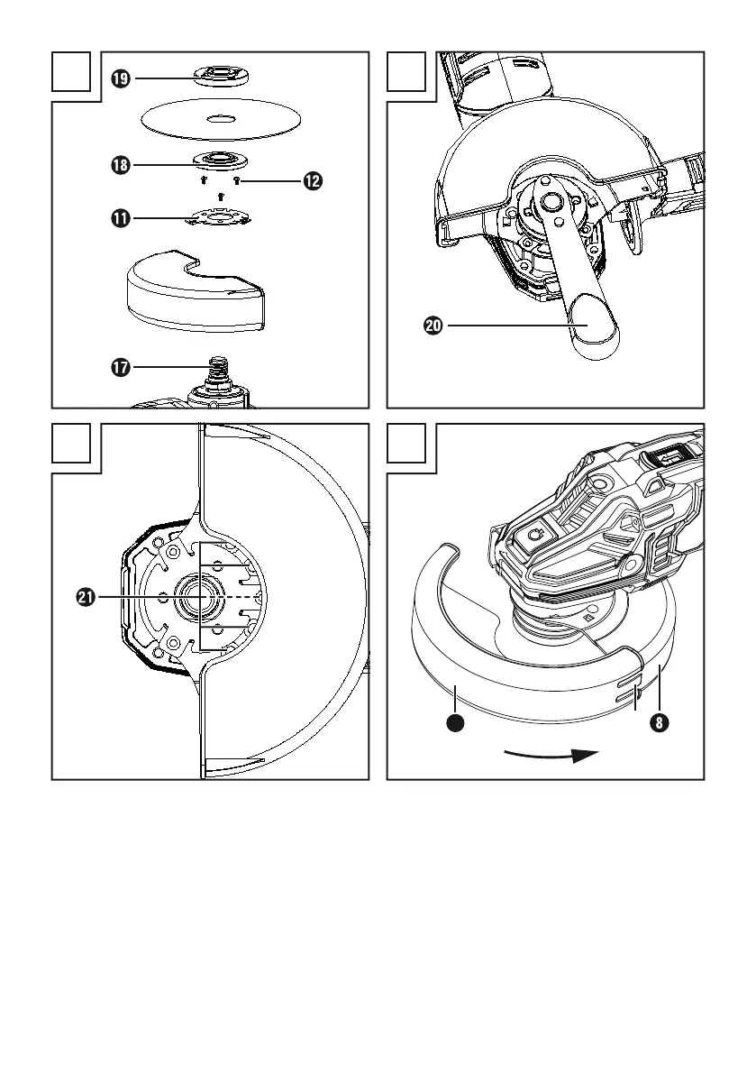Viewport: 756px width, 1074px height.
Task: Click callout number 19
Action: (x=120, y=79)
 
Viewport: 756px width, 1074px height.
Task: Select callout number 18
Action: (x=120, y=165)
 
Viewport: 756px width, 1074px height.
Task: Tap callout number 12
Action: (x=312, y=181)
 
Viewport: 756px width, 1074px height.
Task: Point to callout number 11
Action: (x=120, y=217)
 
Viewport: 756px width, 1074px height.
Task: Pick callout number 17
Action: (x=120, y=367)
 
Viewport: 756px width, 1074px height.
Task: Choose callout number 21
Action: (x=87, y=597)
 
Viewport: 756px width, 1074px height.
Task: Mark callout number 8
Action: (x=662, y=724)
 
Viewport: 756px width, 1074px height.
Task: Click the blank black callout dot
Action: (x=457, y=723)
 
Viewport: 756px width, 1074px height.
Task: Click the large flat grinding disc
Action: (x=221, y=118)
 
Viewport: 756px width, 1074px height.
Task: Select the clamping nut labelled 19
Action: (x=221, y=76)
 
